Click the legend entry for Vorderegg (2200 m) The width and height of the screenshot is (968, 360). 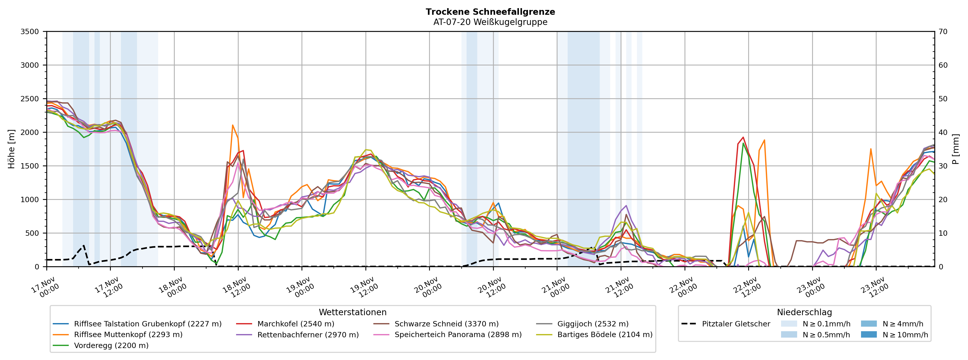pyautogui.click(x=111, y=345)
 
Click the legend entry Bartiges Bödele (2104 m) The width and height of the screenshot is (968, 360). pyautogui.click(x=605, y=335)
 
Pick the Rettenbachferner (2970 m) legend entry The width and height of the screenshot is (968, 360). pyautogui.click(x=308, y=335)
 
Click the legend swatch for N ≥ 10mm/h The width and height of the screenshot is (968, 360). pyautogui.click(x=868, y=335)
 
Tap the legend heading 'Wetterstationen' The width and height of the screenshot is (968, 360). pyautogui.click(x=352, y=312)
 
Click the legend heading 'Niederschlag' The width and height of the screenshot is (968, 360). pyautogui.click(x=804, y=312)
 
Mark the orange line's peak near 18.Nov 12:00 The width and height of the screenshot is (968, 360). pyautogui.click(x=233, y=125)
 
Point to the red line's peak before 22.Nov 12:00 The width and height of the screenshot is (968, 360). pyautogui.click(x=743, y=137)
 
